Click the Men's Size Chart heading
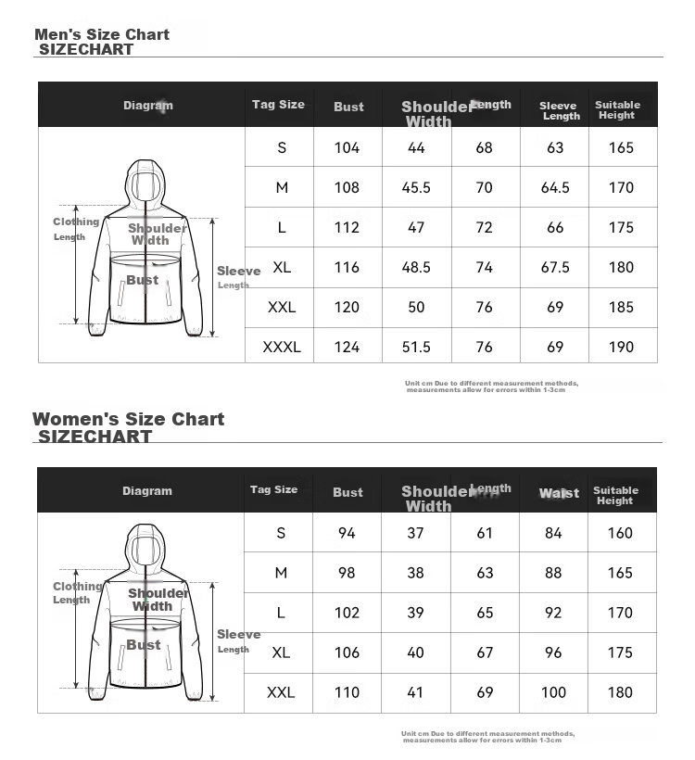102,35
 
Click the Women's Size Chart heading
128,419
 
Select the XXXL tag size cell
282,347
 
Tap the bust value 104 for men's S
347,147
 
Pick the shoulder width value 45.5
416,187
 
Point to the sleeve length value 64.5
555,187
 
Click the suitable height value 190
622,347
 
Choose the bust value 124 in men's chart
347,347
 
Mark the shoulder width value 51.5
416,347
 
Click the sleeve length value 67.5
555,267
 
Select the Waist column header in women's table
559,493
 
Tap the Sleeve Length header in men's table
558,111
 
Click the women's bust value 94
347,533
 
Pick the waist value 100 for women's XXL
553,692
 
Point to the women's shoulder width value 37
415,533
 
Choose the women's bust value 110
347,692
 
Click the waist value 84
553,533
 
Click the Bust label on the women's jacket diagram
144,645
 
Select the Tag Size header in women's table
273,489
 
